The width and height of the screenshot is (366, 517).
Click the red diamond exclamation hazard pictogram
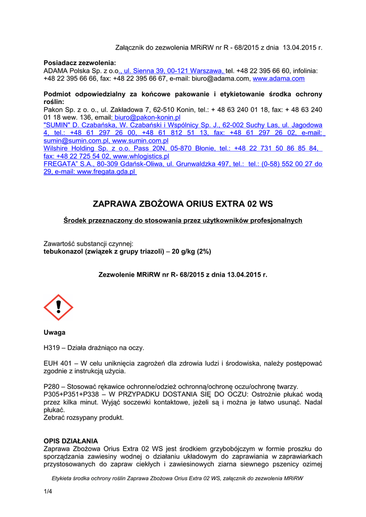(58, 307)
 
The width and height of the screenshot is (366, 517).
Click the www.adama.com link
(279, 79)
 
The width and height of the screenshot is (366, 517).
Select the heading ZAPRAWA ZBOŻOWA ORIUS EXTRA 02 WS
(182, 204)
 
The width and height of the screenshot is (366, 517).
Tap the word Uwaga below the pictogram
(54, 332)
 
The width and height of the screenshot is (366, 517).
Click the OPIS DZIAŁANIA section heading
(71, 441)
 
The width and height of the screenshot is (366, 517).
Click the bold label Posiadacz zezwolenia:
(80, 63)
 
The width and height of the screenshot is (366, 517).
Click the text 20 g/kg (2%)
(192, 251)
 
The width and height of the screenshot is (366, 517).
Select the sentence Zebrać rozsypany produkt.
(83, 418)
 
